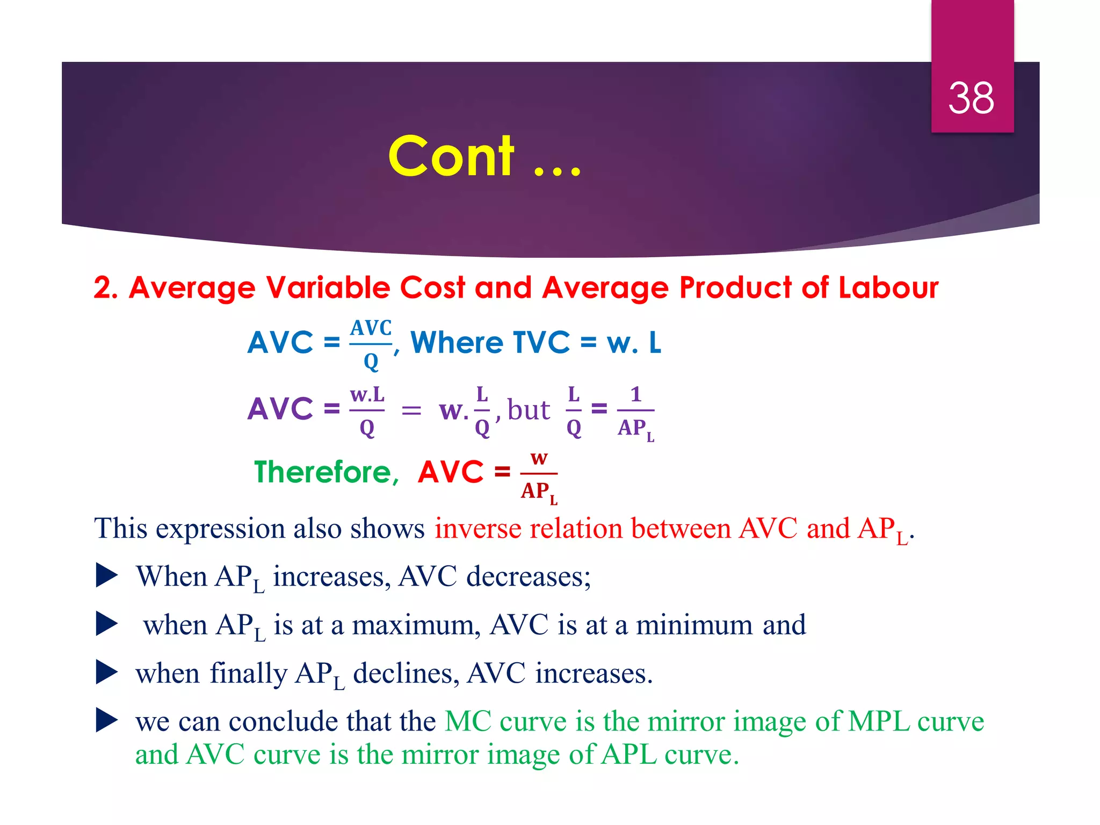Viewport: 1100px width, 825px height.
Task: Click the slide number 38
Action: (971, 98)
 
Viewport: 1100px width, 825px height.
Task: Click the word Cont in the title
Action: (451, 156)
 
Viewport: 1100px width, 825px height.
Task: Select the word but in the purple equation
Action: (529, 410)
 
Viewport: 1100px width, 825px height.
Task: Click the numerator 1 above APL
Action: (636, 394)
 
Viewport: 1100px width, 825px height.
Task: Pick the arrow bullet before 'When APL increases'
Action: (106, 576)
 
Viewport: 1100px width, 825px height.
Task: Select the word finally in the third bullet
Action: (249, 674)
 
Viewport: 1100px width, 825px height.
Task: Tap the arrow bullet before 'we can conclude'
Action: (106, 721)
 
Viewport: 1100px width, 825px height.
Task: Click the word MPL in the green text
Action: (879, 721)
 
